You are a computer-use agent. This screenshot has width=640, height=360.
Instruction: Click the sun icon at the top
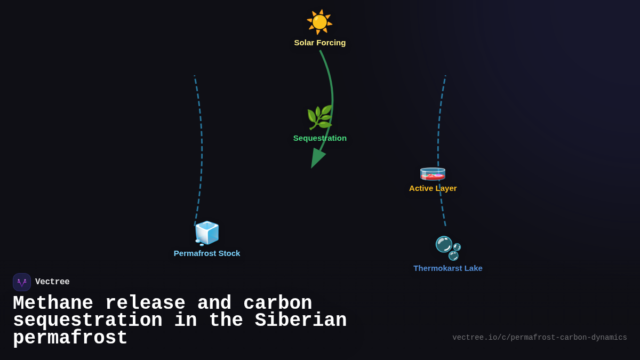319,22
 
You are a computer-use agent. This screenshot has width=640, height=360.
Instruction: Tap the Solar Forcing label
320,43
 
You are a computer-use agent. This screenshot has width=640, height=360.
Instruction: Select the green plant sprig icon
319,117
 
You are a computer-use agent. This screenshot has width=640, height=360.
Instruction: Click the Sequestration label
320,138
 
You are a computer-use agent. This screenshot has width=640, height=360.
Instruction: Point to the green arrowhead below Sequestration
317,158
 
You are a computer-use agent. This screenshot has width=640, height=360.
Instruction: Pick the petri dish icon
433,173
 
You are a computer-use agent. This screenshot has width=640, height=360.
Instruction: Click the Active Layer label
433,188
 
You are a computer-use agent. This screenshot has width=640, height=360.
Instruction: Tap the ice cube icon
207,233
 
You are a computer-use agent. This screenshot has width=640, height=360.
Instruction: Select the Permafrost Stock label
207,253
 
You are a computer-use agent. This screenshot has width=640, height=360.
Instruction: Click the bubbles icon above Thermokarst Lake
448,248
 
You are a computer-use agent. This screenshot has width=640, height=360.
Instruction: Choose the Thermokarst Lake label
448,268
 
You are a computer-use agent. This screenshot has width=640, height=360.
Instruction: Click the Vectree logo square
22,282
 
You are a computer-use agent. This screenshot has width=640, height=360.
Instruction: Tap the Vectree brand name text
52,282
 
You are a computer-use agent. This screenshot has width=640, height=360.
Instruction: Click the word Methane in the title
53,303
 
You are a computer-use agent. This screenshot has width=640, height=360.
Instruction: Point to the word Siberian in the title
301,321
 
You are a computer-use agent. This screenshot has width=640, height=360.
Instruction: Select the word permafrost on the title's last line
70,338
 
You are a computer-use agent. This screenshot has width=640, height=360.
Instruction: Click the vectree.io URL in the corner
539,338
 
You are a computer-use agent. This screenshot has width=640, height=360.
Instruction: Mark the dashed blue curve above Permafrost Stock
201,149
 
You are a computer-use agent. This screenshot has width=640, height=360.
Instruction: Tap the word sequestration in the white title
87,321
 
